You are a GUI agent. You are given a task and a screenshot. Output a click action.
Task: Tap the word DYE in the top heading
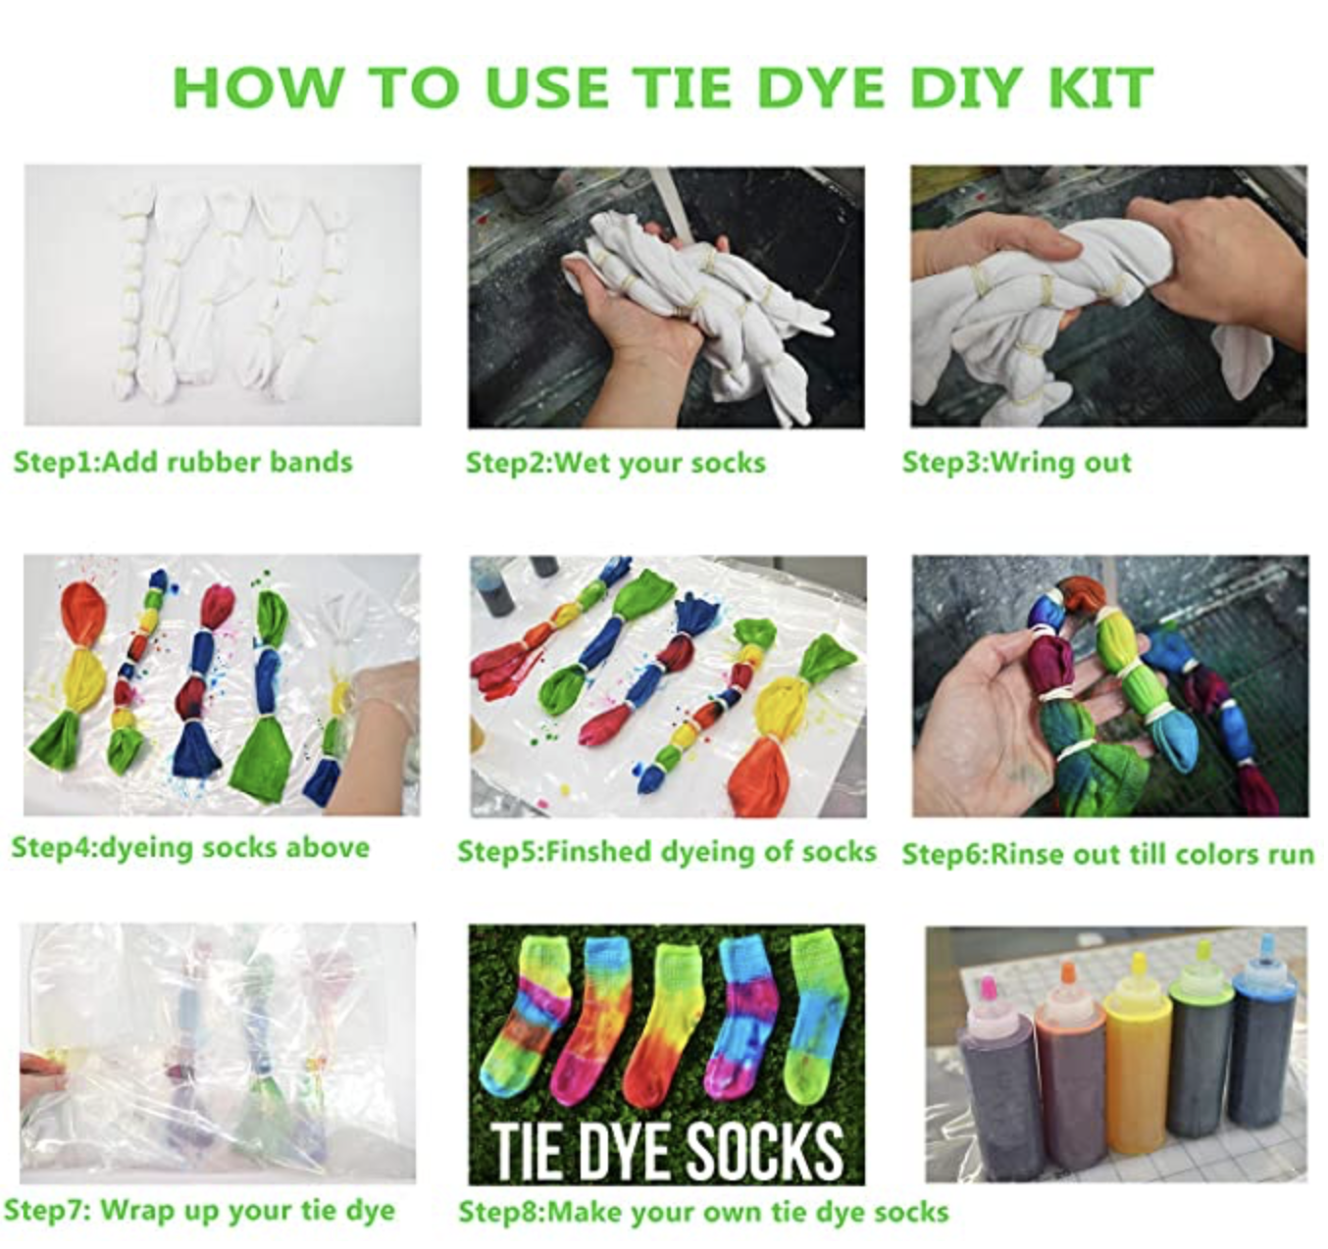click(x=822, y=87)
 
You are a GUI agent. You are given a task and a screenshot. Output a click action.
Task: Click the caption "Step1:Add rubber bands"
click(x=182, y=463)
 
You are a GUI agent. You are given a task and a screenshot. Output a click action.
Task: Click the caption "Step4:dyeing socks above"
click(x=190, y=848)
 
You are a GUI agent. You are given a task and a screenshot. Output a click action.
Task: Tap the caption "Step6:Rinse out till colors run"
click(x=1108, y=855)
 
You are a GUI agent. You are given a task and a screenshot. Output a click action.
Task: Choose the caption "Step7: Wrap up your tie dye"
click(x=199, y=1211)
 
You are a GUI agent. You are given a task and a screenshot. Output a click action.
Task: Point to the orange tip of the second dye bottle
click(x=1066, y=973)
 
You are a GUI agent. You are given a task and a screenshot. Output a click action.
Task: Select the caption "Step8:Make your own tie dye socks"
click(x=703, y=1212)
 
